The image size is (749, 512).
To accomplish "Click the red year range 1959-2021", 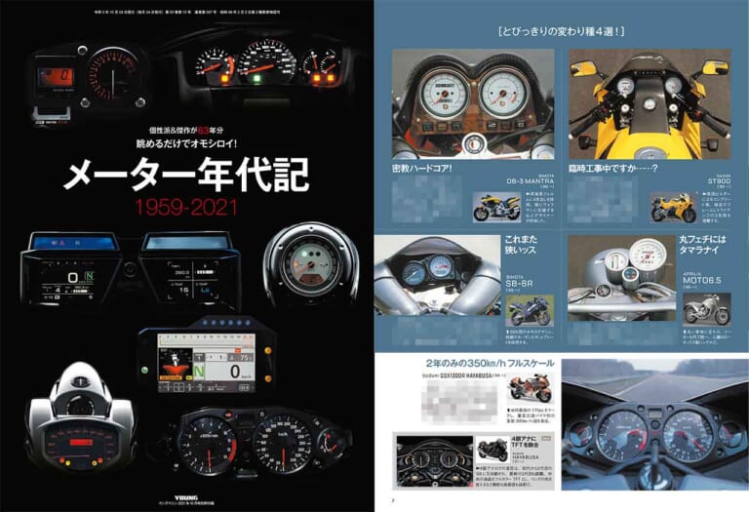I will [x=186, y=208].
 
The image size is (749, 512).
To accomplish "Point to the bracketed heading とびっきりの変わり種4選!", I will [x=560, y=32].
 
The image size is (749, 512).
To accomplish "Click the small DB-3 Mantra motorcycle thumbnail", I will [x=496, y=208].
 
